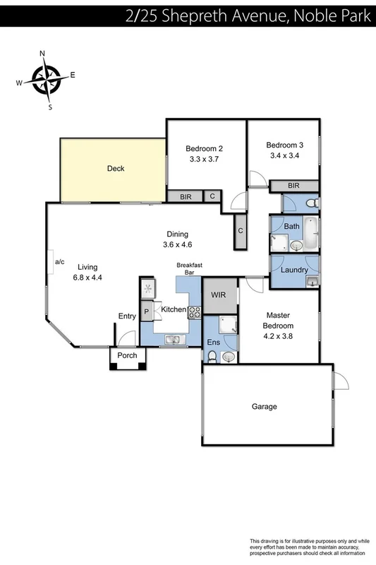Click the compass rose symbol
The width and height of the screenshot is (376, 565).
pos(47,79)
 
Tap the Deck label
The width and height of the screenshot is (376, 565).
pos(116,169)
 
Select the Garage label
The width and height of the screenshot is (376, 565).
pos(265,407)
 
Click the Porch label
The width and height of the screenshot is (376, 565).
pos(127,355)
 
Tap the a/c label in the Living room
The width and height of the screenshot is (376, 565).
pos(59,262)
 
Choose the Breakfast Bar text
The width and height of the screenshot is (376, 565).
pos(189,268)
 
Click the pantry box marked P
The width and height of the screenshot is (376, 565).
pos(146,311)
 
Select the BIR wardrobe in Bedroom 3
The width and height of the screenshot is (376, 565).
pos(293,186)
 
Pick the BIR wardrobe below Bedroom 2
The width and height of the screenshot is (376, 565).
pos(185,197)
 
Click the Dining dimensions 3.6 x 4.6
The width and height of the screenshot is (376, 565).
pos(178,245)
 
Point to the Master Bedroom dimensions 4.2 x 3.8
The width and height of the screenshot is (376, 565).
pos(279,336)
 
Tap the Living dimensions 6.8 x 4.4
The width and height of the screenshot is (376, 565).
pos(87,278)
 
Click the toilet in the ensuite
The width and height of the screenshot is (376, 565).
pos(212,356)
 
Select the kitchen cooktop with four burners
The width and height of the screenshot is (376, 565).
pos(195,310)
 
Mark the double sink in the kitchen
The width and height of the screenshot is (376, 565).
pos(173,340)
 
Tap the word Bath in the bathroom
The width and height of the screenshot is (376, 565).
pos(291,227)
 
